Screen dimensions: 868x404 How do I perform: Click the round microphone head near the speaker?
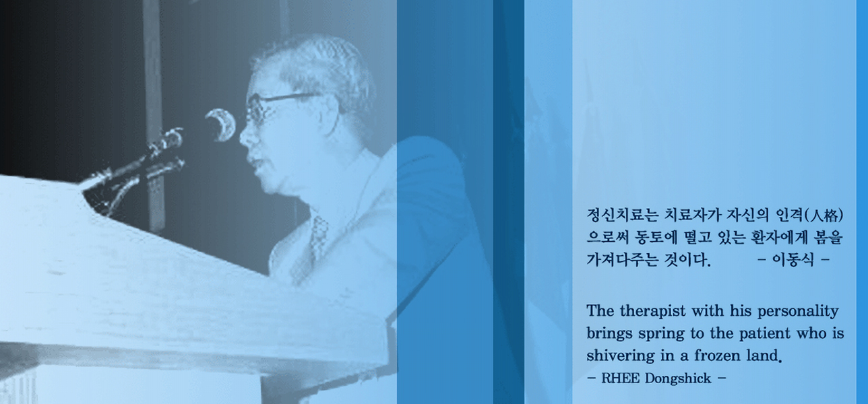pyautogui.click(x=220, y=125)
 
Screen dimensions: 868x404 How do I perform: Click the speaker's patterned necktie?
pyautogui.click(x=319, y=240)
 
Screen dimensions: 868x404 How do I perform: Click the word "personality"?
pyautogui.click(x=798, y=312)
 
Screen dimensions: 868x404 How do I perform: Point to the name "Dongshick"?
pyautogui.click(x=678, y=378)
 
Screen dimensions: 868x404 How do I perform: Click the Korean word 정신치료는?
pyautogui.click(x=623, y=215)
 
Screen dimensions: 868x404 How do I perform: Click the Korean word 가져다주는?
pyautogui.click(x=622, y=260)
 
